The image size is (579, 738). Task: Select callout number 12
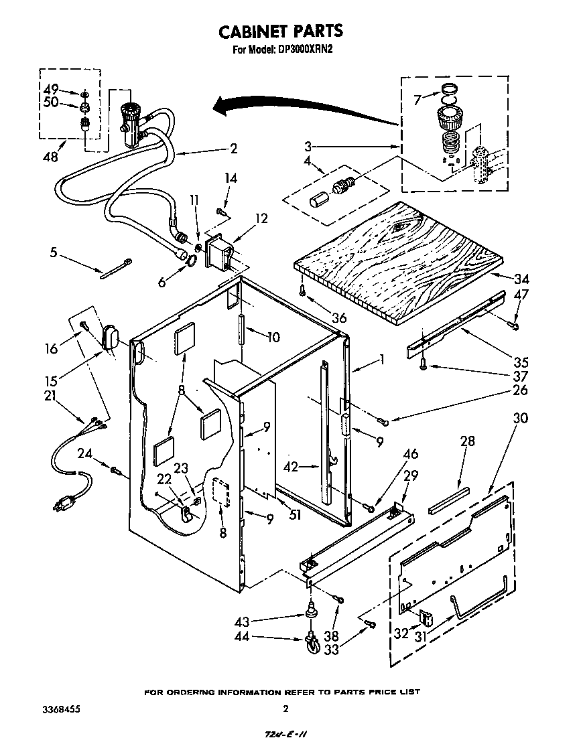261,218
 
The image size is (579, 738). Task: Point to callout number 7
417,100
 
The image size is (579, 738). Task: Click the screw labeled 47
515,325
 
